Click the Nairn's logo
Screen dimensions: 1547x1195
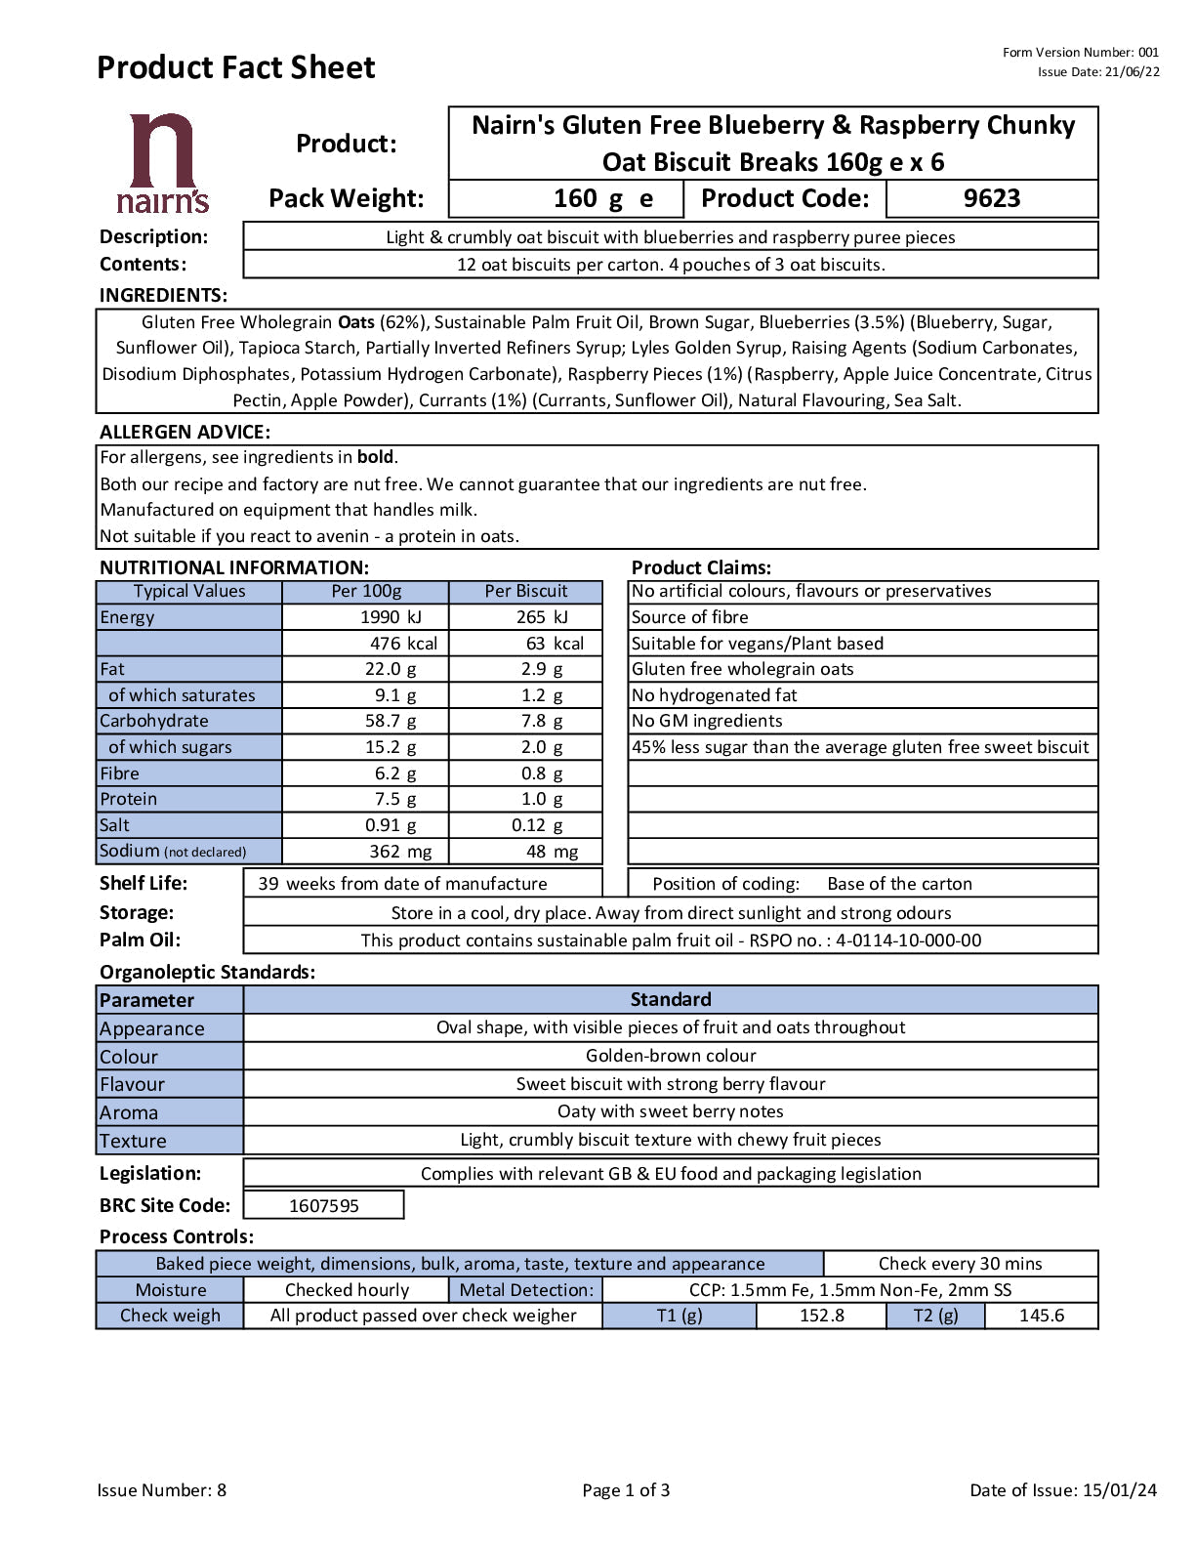pos(162,163)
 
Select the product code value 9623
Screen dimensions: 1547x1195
pos(991,198)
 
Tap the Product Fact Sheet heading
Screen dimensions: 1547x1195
pos(235,67)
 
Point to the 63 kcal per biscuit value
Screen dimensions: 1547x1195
pos(555,644)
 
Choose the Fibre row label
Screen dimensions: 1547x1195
pos(120,773)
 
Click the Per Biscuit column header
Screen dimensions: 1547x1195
pos(525,591)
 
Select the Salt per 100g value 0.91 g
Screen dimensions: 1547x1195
pos(391,825)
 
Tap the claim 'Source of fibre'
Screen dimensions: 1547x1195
pos(689,617)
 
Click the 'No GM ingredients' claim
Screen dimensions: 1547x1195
pos(707,721)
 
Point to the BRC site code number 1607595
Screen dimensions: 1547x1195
pos(323,1206)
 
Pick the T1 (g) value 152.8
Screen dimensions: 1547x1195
pos(821,1316)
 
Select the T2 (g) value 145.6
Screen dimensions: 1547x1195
pos(1041,1316)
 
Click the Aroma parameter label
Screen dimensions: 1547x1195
pos(129,1112)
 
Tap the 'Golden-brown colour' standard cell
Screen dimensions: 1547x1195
pos(671,1056)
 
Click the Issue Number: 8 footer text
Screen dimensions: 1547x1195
pos(161,1490)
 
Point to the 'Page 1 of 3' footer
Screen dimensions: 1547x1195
pos(626,1490)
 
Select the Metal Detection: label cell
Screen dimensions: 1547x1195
pos(525,1290)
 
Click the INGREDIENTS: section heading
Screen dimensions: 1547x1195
pos(163,296)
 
